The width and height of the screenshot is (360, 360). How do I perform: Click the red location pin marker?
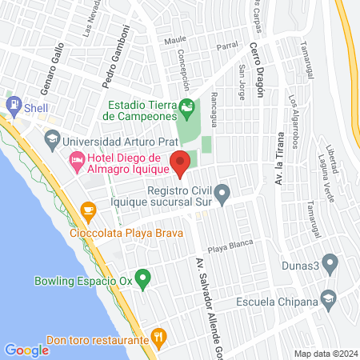point(181,163)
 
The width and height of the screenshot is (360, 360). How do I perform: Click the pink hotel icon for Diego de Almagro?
point(78,162)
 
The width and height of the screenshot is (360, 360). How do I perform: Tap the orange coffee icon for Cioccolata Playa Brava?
point(88,211)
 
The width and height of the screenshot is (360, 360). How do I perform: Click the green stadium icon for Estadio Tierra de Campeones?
point(186,106)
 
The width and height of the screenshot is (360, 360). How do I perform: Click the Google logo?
point(26,350)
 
